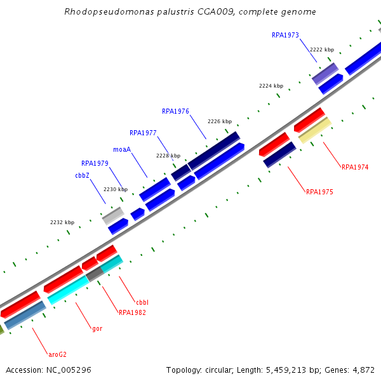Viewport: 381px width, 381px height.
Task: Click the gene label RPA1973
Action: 285,35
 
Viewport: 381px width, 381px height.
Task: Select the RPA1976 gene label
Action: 175,111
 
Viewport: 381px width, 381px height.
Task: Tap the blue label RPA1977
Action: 143,133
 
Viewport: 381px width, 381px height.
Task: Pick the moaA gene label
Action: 122,149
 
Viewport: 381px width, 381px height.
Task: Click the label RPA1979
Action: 95,163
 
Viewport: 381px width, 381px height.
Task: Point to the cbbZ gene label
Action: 82,175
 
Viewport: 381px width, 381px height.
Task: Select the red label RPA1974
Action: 355,167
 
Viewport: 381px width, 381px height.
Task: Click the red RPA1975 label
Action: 319,191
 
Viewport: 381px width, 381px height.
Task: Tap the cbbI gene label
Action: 142,302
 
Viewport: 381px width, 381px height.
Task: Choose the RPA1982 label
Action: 132,312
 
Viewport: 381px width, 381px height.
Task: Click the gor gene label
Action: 97,328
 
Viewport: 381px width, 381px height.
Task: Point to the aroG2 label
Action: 57,354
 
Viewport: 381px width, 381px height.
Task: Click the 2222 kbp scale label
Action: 322,49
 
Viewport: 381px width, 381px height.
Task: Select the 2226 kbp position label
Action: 220,121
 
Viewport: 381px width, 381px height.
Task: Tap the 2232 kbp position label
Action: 62,222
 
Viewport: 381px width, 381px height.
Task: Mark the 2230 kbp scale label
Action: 116,189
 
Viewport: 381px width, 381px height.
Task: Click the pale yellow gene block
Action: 314,130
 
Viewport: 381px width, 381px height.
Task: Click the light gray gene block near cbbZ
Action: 113,215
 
